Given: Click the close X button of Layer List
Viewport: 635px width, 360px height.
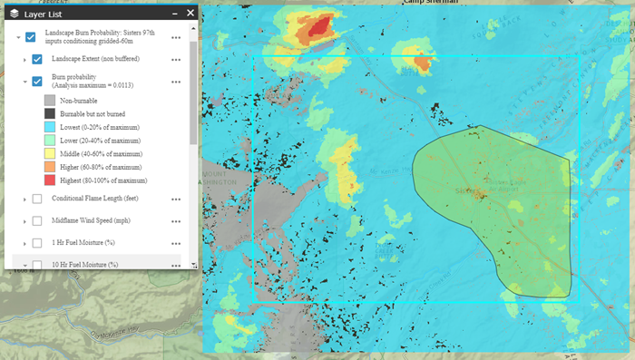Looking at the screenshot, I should pyautogui.click(x=190, y=13).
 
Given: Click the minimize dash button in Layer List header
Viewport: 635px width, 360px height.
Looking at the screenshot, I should pyautogui.click(x=172, y=13).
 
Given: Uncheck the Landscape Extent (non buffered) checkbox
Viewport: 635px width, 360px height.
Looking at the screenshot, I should pyautogui.click(x=37, y=59).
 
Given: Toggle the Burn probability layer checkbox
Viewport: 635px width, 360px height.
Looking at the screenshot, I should pyautogui.click(x=37, y=82).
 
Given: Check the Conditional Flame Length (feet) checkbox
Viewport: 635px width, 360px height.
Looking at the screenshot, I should pyautogui.click(x=37, y=199).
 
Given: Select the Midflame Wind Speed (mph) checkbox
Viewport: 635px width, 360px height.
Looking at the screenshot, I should pyautogui.click(x=37, y=221).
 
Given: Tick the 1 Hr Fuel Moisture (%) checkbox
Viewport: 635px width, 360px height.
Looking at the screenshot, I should pyautogui.click(x=37, y=243).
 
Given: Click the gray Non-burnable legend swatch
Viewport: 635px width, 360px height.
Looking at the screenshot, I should pyautogui.click(x=51, y=101).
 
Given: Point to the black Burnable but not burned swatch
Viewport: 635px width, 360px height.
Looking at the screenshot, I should pyautogui.click(x=51, y=114).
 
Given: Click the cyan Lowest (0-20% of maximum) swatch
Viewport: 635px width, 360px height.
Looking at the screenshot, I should pyautogui.click(x=51, y=128).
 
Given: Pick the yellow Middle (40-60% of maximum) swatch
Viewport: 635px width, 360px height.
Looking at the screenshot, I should pyautogui.click(x=51, y=154).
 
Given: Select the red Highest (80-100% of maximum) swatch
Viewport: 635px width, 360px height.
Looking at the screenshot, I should pyautogui.click(x=51, y=180).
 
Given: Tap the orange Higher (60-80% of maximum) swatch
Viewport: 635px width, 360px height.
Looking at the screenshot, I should pyautogui.click(x=51, y=167).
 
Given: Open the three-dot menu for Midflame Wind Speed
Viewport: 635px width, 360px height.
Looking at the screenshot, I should pyautogui.click(x=176, y=221).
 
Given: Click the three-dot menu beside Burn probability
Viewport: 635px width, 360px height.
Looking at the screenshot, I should pyautogui.click(x=176, y=82).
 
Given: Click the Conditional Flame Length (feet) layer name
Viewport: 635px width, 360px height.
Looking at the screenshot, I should pyautogui.click(x=93, y=199).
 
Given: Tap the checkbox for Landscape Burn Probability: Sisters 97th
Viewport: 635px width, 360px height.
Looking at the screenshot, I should pyautogui.click(x=31, y=36).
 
